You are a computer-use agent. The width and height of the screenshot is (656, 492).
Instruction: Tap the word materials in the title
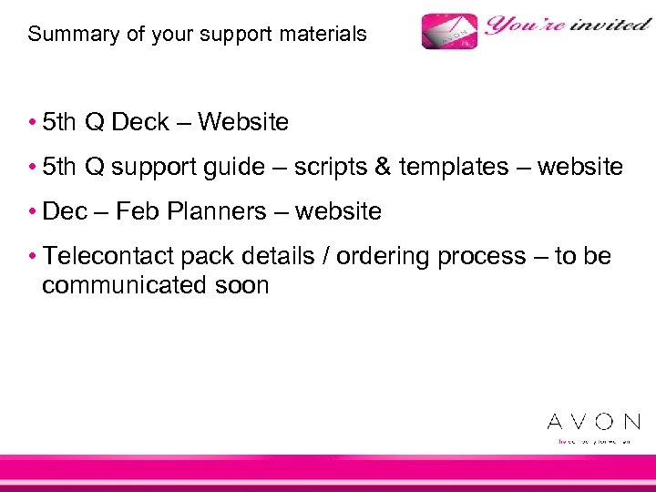coord(323,35)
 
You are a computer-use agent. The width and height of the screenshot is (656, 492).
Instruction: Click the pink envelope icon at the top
coord(449,32)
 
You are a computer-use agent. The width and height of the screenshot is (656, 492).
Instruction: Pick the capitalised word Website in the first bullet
coord(243,122)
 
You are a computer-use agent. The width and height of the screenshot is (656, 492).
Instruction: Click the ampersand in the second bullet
coord(382,167)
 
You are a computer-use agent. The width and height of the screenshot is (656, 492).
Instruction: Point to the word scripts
coord(332,168)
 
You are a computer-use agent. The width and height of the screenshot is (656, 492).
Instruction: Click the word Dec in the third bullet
coord(65,211)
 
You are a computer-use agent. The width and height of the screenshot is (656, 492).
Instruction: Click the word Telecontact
coord(114,257)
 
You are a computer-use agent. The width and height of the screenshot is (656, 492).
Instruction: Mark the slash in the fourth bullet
coord(326,257)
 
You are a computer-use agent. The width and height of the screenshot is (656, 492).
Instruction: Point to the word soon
coord(241,285)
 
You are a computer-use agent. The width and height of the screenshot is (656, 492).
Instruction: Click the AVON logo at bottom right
coord(593,422)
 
